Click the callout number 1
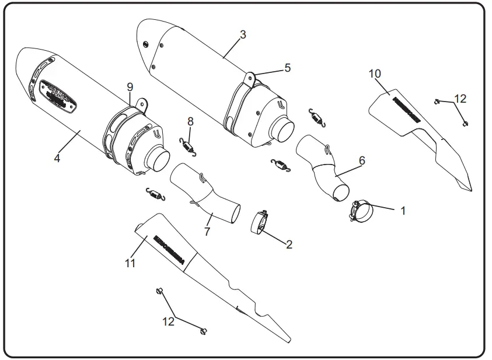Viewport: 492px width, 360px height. (402, 210)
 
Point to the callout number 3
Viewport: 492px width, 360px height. (242, 34)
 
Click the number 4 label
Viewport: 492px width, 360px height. (57, 158)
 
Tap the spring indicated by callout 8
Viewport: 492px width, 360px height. (187, 145)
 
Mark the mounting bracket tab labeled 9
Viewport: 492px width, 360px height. (139, 103)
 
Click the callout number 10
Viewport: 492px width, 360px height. (375, 73)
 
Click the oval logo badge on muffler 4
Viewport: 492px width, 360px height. (58, 93)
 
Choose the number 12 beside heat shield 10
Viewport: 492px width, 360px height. (460, 99)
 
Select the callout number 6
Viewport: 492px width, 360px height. (362, 160)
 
